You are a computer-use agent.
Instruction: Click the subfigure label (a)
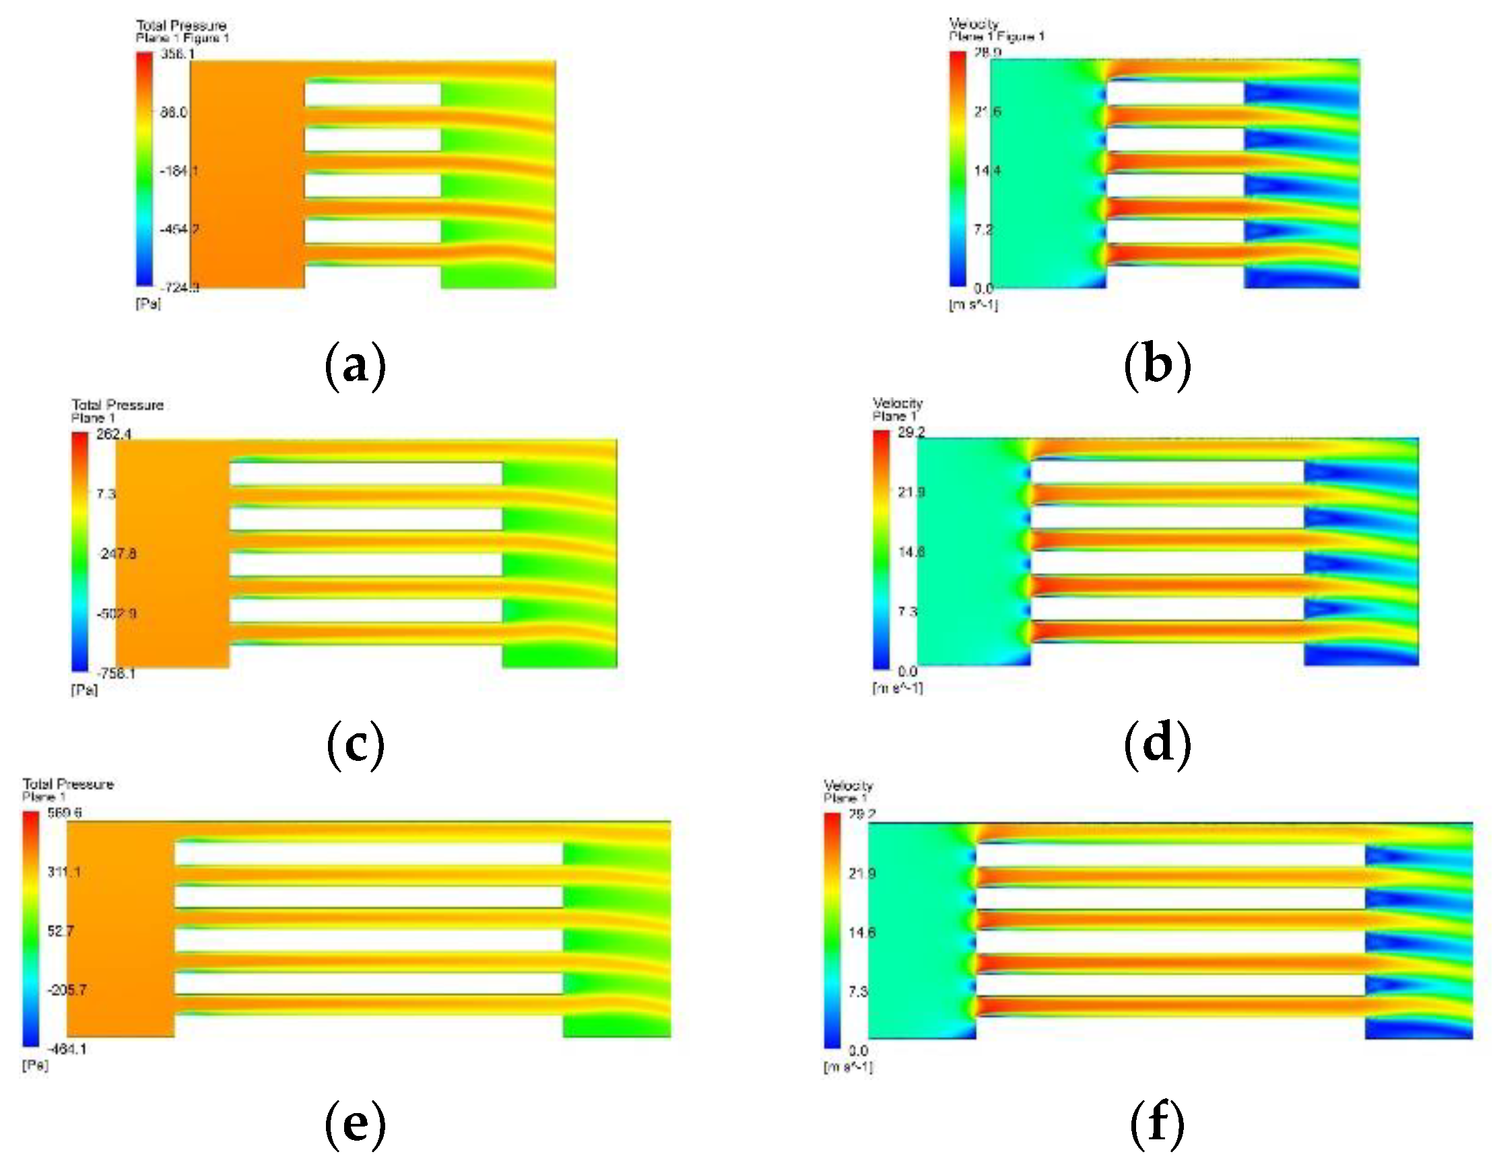354,366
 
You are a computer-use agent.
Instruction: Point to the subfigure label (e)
354,1125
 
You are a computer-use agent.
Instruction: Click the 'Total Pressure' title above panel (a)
181,26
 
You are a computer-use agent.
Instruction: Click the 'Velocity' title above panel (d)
897,403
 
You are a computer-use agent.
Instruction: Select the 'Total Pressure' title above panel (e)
68,784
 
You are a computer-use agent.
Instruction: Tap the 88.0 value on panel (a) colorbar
174,112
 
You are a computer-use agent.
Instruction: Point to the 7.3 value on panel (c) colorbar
106,493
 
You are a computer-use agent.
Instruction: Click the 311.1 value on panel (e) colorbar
64,871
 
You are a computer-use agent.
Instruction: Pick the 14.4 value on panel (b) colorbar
987,170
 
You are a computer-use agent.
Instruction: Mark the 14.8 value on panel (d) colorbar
910,552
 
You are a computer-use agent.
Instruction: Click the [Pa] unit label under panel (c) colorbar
84,689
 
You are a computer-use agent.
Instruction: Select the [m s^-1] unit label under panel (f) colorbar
848,1067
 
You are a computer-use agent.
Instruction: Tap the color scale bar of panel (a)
144,169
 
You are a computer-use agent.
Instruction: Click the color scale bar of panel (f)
832,931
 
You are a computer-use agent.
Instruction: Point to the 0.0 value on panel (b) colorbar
983,288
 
